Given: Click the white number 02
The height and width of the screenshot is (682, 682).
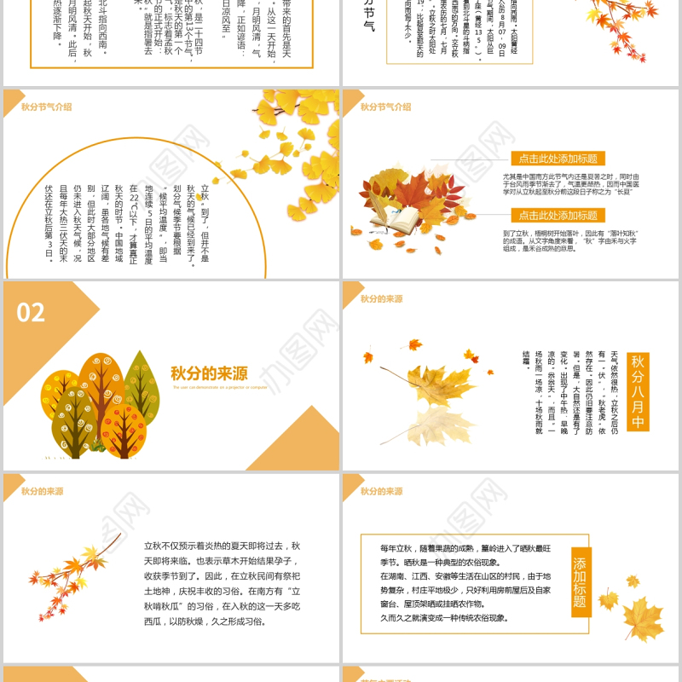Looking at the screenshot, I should click(x=31, y=313).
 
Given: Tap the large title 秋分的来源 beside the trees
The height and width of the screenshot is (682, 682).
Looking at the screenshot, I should click(x=208, y=373).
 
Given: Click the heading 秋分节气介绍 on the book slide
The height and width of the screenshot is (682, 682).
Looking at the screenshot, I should click(x=385, y=107).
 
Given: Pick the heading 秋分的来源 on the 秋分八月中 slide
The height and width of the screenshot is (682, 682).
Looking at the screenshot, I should click(x=381, y=299).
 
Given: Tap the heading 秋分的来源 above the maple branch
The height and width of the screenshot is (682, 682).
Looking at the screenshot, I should click(x=42, y=491).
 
